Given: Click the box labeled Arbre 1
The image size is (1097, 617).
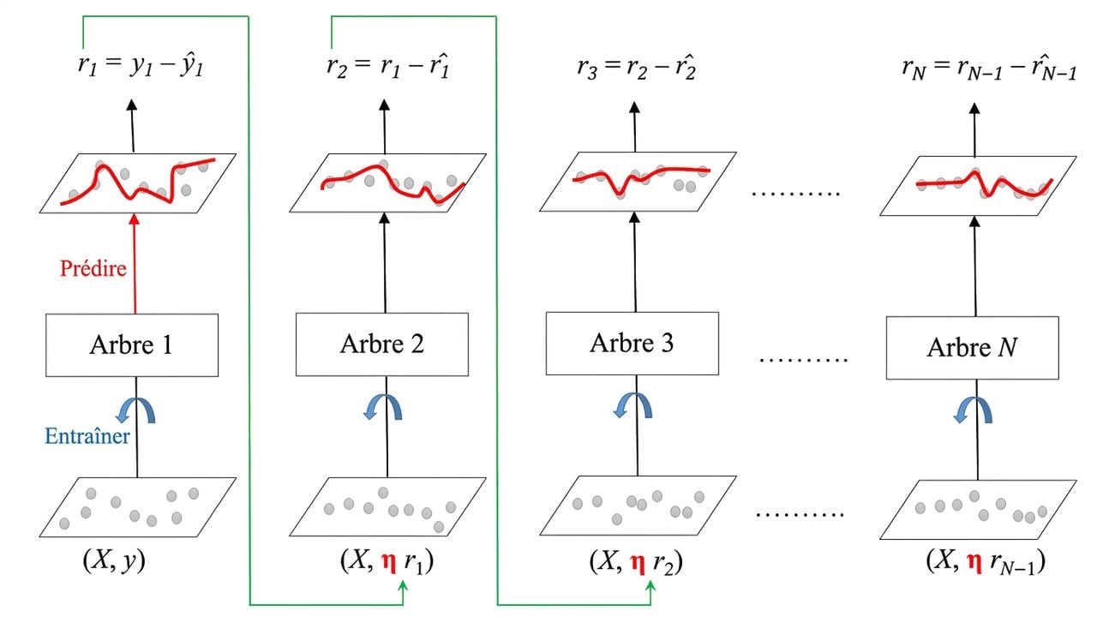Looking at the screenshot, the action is coord(132,345).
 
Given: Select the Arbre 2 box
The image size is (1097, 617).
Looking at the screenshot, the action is coord(382,344).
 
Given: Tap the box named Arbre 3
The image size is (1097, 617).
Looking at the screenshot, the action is coord(632,344).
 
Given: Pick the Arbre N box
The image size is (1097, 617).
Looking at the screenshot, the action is coord(972,348).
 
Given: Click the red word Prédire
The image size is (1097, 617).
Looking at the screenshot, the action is coord(93,268).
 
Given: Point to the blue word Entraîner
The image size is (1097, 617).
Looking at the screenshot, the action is coord(87,436).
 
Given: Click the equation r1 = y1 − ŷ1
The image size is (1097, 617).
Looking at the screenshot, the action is coord(140,65).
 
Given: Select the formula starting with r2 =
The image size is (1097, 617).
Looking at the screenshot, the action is coord(387,66).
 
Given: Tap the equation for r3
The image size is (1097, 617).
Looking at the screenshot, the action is coord(636,67).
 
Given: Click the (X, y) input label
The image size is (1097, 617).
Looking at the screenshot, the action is coord(114,560).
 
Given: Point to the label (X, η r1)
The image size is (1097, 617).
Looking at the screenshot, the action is coord(387,561).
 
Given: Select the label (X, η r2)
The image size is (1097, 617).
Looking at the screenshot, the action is coord(636,561).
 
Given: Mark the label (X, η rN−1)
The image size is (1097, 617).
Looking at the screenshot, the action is coord(986,561).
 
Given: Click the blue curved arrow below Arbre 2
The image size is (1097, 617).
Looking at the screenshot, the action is coord(383,408).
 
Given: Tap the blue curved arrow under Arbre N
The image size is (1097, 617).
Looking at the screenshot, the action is coord(973,410).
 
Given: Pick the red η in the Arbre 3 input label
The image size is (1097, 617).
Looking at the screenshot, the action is coord(637,563).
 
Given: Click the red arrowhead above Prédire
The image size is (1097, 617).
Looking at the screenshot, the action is coord(135,219).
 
